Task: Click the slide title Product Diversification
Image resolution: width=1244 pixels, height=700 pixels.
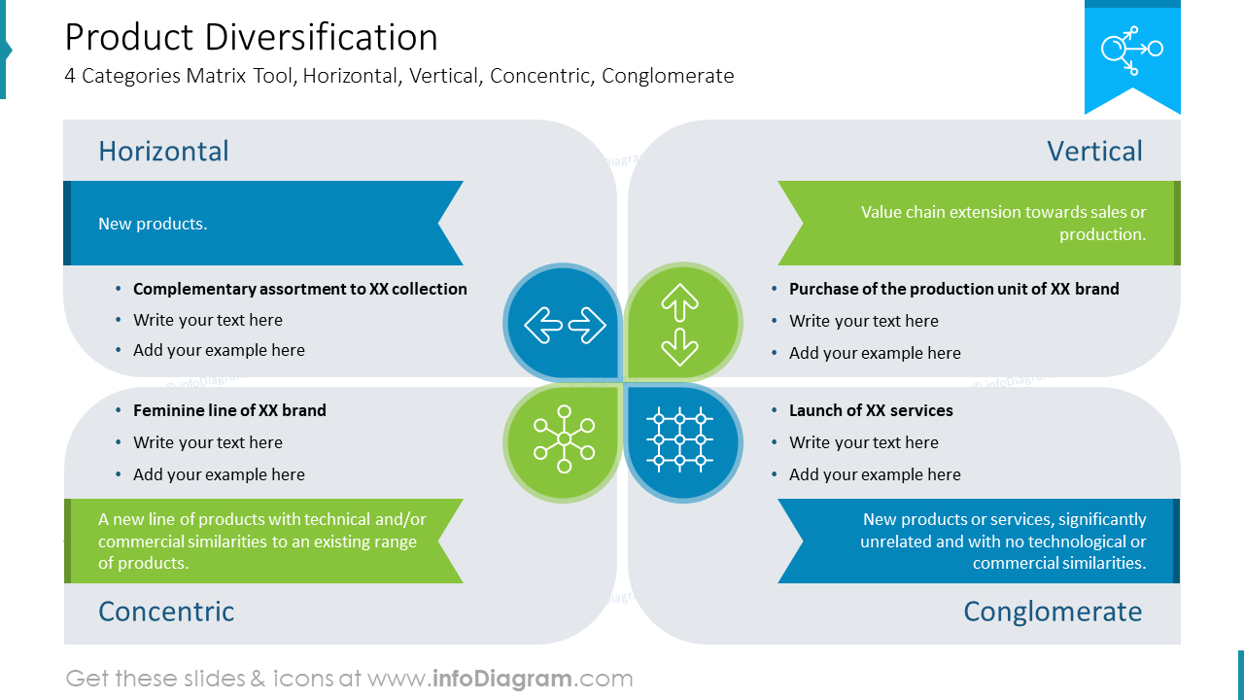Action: pyautogui.click(x=251, y=38)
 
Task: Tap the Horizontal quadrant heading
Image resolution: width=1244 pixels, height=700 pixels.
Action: pyautogui.click(x=163, y=151)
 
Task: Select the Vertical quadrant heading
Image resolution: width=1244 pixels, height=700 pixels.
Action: pyautogui.click(x=1094, y=151)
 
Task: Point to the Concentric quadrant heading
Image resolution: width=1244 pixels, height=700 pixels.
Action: pyautogui.click(x=166, y=612)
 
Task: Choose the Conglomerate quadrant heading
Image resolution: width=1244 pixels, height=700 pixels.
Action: pyautogui.click(x=1053, y=612)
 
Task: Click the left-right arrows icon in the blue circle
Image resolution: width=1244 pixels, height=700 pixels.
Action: pyautogui.click(x=565, y=325)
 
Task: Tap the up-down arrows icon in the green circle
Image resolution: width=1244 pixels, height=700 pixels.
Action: pyautogui.click(x=679, y=325)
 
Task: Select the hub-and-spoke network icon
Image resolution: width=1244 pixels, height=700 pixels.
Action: pyautogui.click(x=565, y=438)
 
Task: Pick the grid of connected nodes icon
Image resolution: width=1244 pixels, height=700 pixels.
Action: pyautogui.click(x=679, y=439)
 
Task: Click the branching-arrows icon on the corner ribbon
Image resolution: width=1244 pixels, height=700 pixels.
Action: pyautogui.click(x=1132, y=50)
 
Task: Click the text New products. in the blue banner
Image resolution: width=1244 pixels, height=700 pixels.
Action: pyautogui.click(x=153, y=224)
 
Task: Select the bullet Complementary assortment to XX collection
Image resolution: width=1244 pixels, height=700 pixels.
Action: pyautogui.click(x=300, y=289)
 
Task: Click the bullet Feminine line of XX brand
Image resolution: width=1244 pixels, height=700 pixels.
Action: pyautogui.click(x=229, y=410)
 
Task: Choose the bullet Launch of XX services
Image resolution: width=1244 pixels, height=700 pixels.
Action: pyautogui.click(x=871, y=410)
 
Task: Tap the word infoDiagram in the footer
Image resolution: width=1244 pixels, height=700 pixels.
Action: pyautogui.click(x=502, y=679)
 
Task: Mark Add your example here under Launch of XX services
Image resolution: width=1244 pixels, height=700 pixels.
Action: pyautogui.click(x=875, y=474)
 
